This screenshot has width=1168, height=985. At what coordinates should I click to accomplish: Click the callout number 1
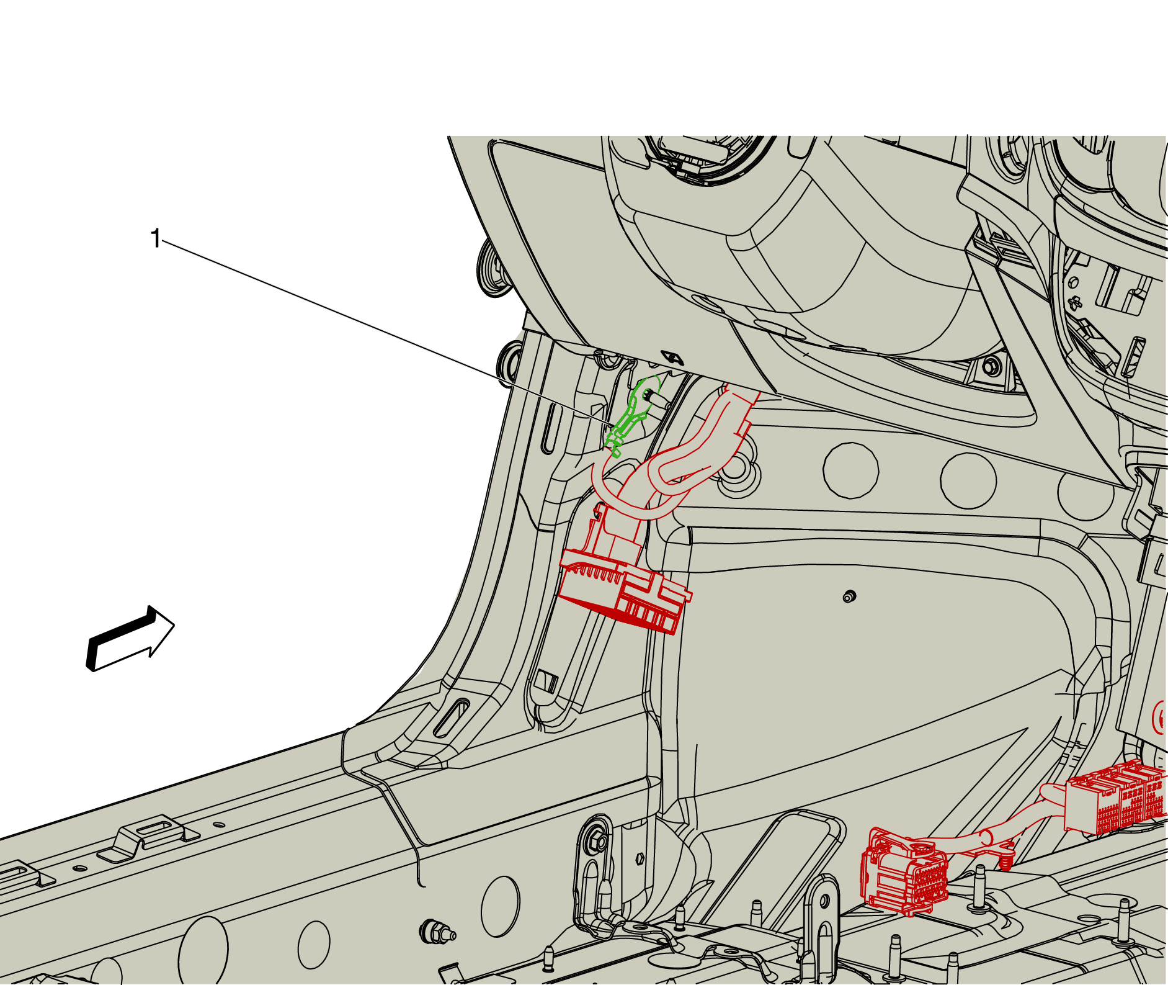156,238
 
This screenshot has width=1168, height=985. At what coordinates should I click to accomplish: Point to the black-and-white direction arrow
130,638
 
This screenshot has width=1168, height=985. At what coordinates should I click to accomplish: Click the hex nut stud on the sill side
438,932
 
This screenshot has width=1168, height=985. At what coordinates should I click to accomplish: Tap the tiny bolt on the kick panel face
849,596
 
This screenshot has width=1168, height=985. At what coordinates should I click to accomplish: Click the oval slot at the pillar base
452,718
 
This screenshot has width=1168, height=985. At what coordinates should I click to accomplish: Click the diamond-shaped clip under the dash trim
672,358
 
